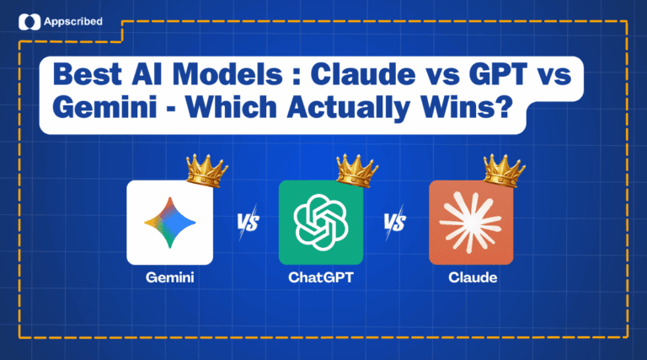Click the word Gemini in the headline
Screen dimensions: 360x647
coord(101,112)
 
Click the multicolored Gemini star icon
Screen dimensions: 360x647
coord(168,223)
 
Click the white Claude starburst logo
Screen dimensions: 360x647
coord(470,223)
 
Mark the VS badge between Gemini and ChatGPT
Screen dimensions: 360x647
coord(246,224)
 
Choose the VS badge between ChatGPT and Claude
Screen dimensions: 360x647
coord(396,224)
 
